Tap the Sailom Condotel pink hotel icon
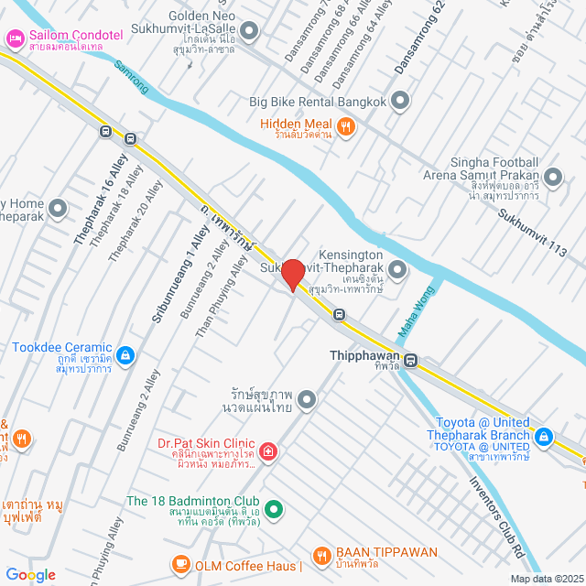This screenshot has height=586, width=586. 14,38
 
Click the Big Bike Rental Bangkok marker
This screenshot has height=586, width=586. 400,102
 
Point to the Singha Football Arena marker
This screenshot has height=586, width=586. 552,177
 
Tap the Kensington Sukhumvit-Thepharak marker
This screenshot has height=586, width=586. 397,269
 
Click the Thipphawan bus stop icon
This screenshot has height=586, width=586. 411,361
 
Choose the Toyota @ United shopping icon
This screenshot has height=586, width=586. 545,437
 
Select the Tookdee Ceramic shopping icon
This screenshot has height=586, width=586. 125,354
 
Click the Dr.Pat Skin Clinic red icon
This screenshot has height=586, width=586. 267,450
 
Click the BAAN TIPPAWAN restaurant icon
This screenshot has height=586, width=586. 321,554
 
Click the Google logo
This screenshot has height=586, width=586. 30,574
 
